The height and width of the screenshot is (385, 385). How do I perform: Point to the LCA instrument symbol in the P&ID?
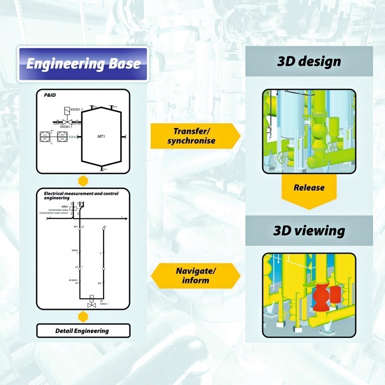click(x=44, y=136)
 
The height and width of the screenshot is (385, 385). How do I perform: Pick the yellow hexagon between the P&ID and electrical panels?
click(x=83, y=181)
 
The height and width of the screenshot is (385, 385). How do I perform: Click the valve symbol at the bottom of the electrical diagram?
click(x=90, y=305)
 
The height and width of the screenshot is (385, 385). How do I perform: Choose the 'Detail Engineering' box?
click(x=83, y=331)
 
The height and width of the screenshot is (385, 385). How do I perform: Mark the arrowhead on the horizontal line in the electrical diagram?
click(x=126, y=219)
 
